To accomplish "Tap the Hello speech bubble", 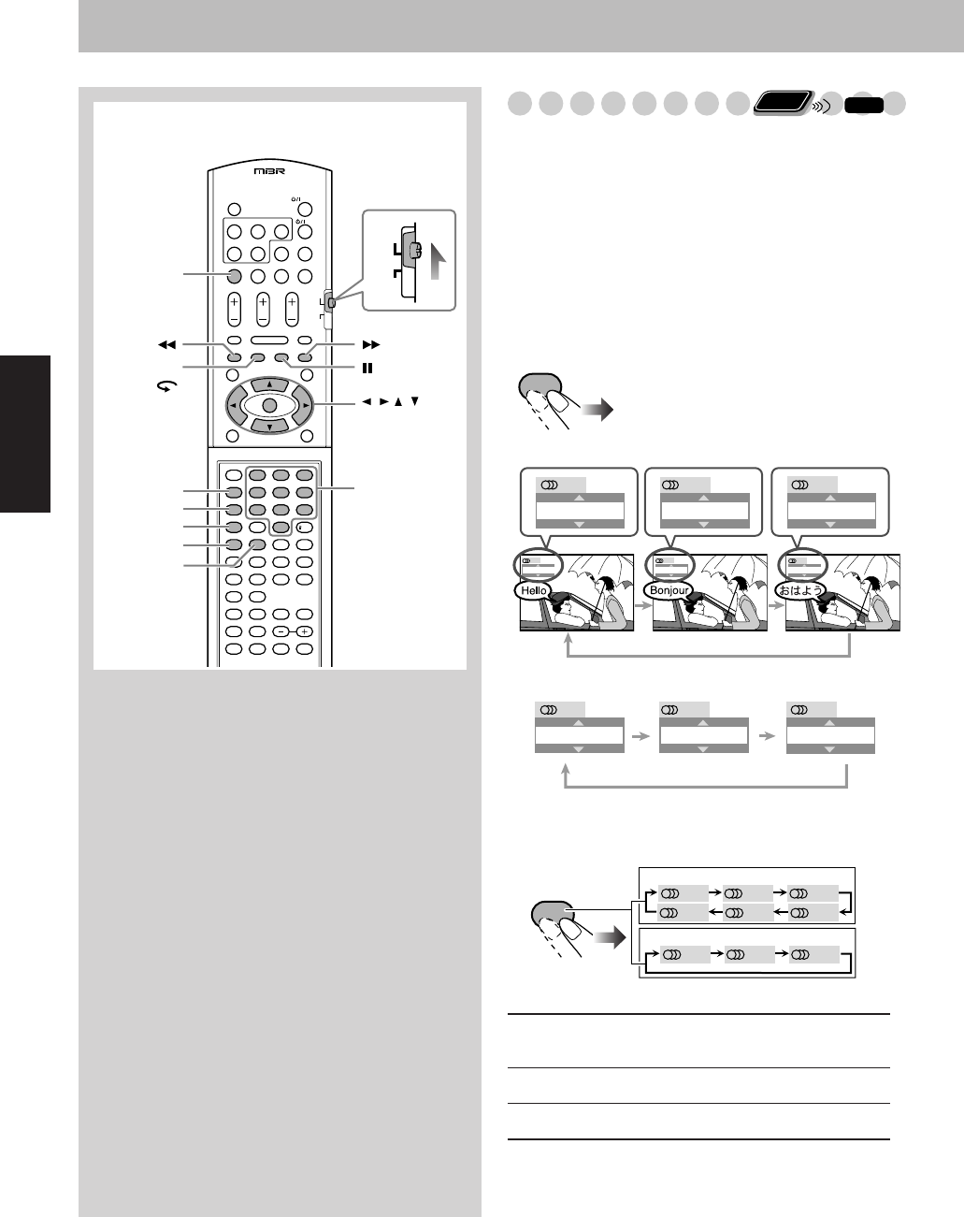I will coord(534,591).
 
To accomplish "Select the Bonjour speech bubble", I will coord(669,591).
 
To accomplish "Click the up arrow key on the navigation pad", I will coord(268,384).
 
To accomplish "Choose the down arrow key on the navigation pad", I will coord(268,427).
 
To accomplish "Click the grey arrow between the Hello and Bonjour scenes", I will coord(642,606).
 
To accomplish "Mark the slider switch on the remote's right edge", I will coord(331,302).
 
